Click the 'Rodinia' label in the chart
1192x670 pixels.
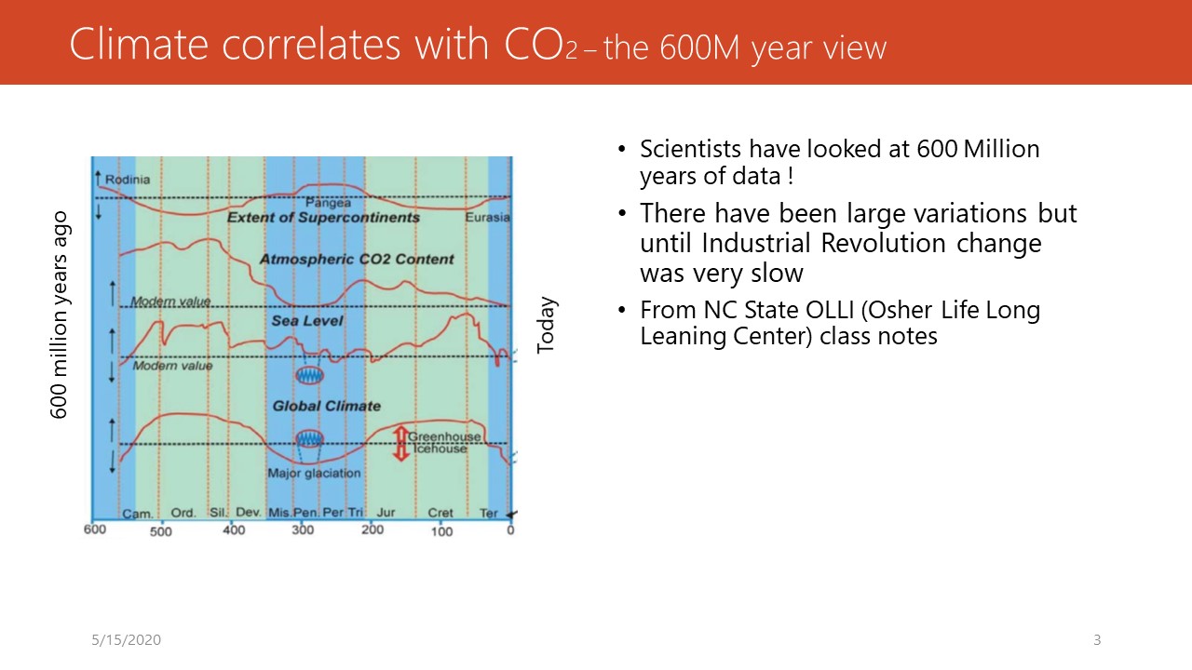click(128, 180)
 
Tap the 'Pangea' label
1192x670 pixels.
click(328, 203)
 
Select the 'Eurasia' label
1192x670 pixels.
click(487, 217)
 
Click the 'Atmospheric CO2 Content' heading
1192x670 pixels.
click(357, 259)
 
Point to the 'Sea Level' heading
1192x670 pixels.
click(307, 321)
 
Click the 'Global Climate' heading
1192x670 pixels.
click(327, 407)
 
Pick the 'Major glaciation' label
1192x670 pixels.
click(314, 473)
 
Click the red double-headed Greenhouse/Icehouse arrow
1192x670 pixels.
click(400, 444)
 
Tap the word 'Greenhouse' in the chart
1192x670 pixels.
click(444, 436)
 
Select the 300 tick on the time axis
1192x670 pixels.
click(303, 529)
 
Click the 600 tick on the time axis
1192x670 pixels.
click(95, 529)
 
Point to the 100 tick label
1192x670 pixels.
click(441, 531)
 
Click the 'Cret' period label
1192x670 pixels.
click(440, 513)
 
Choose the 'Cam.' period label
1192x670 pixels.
click(138, 514)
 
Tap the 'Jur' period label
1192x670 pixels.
click(386, 512)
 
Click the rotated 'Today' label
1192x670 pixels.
click(547, 325)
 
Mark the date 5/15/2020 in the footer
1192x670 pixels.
click(126, 639)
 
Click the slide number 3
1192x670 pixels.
click(1097, 639)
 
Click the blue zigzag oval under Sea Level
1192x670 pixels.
click(310, 375)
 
